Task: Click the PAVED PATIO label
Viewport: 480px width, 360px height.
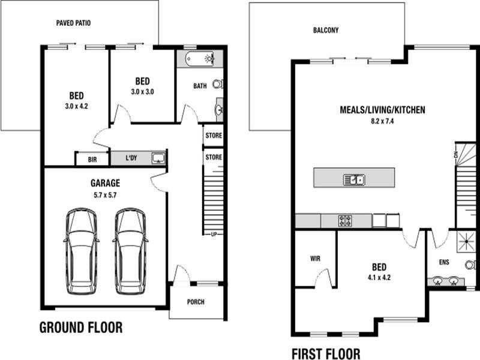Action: (73, 23)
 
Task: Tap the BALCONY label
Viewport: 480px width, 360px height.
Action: (326, 31)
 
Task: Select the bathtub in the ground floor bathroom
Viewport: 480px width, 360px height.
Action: (200, 58)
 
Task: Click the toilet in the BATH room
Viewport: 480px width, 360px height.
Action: (218, 84)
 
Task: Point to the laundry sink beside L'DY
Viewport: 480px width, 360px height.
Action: (158, 158)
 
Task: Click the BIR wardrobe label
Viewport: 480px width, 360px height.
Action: (92, 160)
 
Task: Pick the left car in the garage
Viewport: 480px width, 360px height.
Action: (82, 251)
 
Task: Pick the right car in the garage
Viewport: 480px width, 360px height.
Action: (130, 251)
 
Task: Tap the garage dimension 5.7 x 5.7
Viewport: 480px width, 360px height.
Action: (106, 196)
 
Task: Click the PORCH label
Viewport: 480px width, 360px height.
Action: (196, 302)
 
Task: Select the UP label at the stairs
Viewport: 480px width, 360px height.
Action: (214, 235)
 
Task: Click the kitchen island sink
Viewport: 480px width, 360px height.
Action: (354, 179)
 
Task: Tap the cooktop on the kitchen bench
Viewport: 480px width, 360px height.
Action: (345, 221)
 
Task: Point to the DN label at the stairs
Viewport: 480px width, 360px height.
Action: (456, 155)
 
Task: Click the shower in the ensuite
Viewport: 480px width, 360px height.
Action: (466, 242)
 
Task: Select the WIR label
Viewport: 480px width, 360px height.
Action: (316, 259)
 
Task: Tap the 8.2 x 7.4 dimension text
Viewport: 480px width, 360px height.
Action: (382, 121)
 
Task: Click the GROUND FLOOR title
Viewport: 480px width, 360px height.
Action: (81, 328)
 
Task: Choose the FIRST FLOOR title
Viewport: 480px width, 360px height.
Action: (326, 354)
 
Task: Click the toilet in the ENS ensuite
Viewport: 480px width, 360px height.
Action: (470, 265)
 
